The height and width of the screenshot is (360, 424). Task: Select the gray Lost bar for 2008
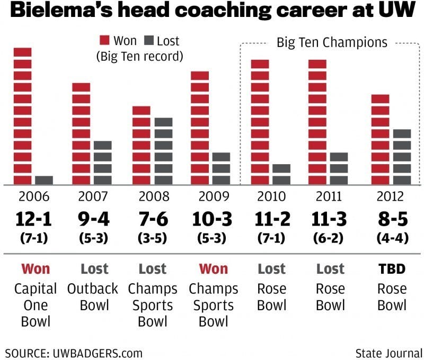[x=163, y=151]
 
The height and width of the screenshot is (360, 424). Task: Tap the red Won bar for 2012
[x=380, y=139]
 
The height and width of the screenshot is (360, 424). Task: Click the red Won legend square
[x=104, y=41]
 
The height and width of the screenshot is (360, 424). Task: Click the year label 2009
[x=214, y=197]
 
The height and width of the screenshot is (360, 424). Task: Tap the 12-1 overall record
[x=33, y=219]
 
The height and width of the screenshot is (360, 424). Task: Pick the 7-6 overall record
[x=154, y=219]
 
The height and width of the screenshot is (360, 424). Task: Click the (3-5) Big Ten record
[x=154, y=238]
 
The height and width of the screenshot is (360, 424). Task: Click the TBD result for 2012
[x=392, y=269]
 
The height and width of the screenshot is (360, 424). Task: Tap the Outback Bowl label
[x=93, y=298]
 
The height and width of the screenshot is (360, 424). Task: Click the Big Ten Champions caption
[x=332, y=42]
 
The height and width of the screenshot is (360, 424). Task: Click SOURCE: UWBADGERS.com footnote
[x=74, y=352]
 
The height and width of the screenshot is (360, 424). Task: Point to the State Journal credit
[x=388, y=352]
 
